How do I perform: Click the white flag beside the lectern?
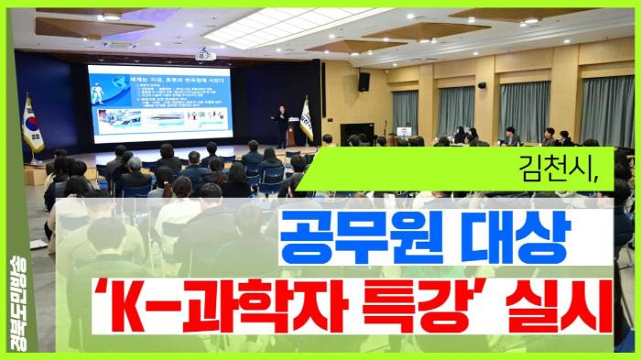click(x=307, y=119)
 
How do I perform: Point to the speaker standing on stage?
click(x=283, y=125)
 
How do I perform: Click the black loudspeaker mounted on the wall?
click(x=364, y=82)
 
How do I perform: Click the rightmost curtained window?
click(x=607, y=110)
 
